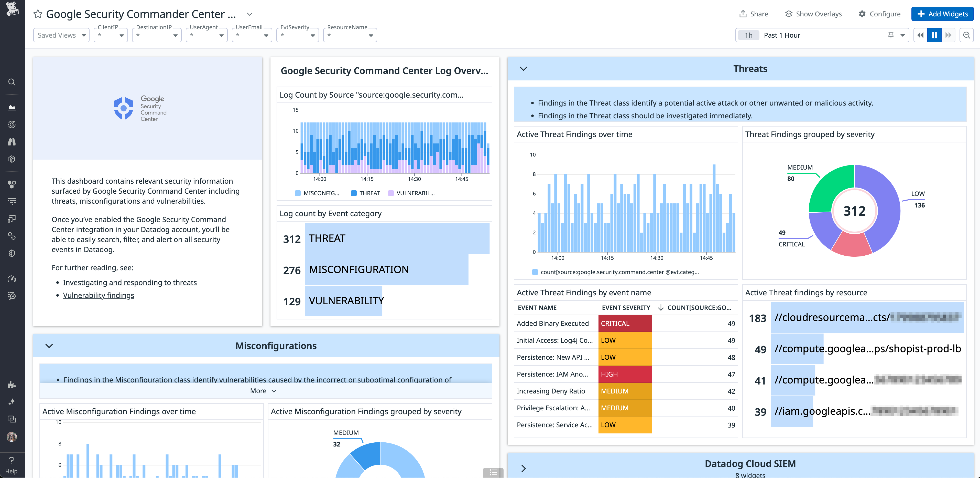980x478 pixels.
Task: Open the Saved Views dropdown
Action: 61,35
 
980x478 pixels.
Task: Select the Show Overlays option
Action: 813,14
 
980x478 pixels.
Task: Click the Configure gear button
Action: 879,14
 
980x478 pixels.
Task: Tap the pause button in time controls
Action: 934,35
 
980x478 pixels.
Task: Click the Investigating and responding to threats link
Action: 130,283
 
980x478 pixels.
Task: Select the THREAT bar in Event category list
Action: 397,238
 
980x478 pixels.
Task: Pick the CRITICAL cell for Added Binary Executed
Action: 624,323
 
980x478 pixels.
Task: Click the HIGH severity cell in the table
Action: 624,374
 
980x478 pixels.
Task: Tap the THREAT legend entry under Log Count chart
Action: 365,193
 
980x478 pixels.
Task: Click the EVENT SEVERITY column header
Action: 625,308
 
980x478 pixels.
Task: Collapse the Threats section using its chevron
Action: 524,69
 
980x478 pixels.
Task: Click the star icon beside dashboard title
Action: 38,14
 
